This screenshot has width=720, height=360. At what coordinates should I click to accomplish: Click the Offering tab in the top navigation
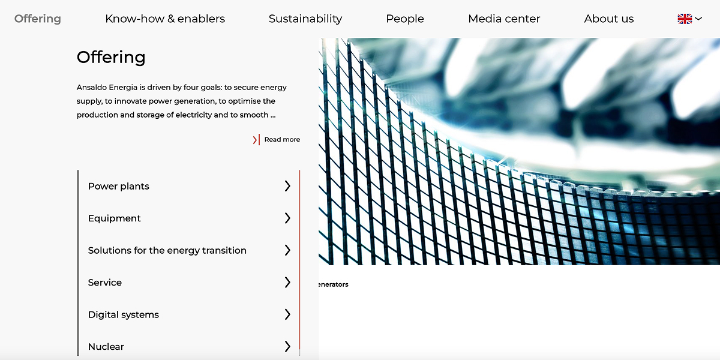point(38,19)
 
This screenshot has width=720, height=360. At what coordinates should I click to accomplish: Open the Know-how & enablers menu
point(165,19)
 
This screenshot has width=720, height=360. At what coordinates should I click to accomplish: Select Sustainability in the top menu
point(305,19)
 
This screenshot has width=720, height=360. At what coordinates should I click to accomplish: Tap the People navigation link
point(405,19)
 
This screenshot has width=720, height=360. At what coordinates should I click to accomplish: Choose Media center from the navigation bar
point(504,19)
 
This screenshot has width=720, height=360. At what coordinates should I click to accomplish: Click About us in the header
point(609,19)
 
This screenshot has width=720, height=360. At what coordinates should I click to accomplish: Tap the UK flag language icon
point(685,19)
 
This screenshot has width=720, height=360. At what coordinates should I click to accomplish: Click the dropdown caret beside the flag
point(698,19)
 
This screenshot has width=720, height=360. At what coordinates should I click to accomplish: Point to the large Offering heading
point(111,58)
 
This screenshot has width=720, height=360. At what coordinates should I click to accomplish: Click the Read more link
point(282,139)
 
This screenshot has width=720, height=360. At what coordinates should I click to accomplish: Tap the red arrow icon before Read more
point(256,140)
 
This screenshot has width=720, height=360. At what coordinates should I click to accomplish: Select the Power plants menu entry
point(119,187)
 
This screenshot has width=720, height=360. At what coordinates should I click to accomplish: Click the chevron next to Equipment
point(287,218)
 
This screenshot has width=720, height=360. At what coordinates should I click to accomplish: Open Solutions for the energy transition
point(167,250)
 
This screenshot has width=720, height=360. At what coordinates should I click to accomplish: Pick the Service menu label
point(105,283)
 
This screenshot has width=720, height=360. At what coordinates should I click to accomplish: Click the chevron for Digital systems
point(287,314)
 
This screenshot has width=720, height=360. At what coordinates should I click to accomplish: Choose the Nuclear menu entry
point(106,347)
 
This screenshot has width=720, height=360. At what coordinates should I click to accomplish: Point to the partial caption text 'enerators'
point(334,284)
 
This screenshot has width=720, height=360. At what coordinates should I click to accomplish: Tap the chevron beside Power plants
point(287,186)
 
